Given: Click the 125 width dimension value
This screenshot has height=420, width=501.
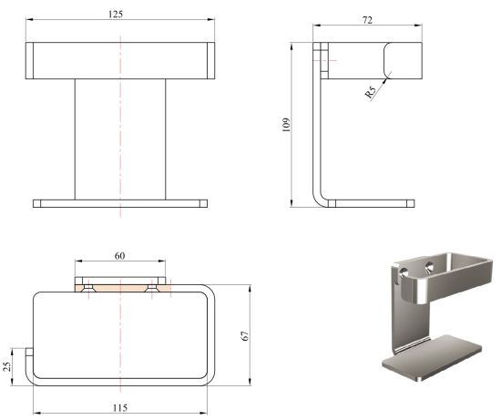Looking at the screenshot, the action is click(x=116, y=15).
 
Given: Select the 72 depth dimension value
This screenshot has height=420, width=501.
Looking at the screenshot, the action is click(x=367, y=20).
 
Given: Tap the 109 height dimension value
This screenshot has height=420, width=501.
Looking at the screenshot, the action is click(x=286, y=125).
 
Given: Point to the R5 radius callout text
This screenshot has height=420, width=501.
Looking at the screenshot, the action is click(x=371, y=92).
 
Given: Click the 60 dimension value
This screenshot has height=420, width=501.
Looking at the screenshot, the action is click(x=119, y=256).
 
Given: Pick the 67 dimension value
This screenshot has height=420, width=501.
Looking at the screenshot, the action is click(x=245, y=335).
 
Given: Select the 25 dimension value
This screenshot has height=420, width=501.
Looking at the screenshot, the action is click(x=7, y=366).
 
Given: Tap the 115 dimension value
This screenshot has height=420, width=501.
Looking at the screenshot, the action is click(x=120, y=408).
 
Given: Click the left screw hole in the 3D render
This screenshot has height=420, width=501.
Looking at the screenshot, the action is click(x=404, y=272).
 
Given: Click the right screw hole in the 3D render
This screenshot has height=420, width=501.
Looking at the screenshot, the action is click(x=429, y=266).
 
